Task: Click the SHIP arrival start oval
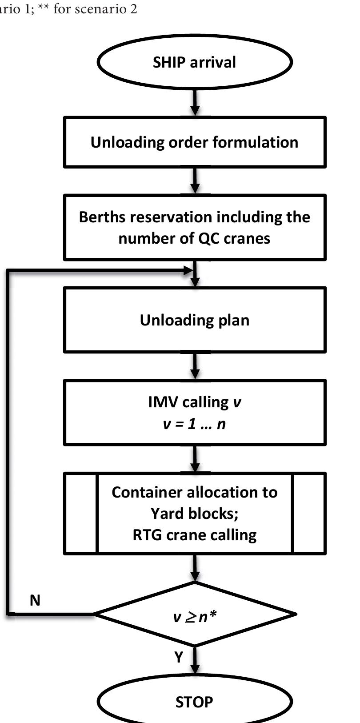pos(194,62)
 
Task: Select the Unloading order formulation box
pos(194,142)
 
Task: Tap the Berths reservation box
pos(194,227)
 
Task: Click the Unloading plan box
pos(194,320)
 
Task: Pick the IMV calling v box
pos(194,412)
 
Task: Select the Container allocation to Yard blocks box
pos(194,513)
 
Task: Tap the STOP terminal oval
pos(194,702)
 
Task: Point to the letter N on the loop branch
pos(35,600)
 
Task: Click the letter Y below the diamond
pos(179,657)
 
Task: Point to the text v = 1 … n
pos(194,424)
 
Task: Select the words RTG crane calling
pos(194,535)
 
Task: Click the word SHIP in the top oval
pos(169,62)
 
